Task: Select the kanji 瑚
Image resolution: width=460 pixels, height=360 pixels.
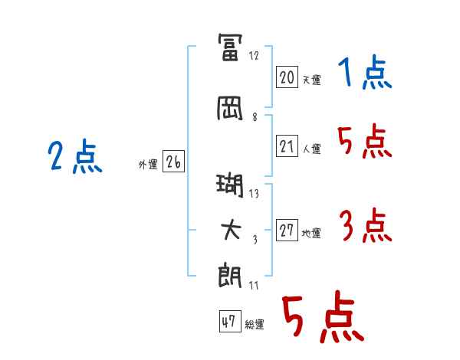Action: coord(231,185)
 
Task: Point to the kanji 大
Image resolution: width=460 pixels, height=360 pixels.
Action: coord(231,231)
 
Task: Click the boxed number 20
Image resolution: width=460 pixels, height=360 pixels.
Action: coord(287,77)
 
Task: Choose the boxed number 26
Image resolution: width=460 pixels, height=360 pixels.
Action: coord(173,162)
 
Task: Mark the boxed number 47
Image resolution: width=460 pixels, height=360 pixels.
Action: coord(229,322)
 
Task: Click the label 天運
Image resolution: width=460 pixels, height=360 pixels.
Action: coord(311,80)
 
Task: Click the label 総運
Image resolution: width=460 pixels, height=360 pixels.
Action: coord(255,325)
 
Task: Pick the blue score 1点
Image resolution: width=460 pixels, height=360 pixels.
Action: coord(364,74)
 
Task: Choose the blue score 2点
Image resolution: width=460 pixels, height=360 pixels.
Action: coord(74,158)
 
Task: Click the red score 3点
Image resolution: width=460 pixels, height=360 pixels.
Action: coord(364,227)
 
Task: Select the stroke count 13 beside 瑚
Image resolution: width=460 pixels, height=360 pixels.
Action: coord(255,194)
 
